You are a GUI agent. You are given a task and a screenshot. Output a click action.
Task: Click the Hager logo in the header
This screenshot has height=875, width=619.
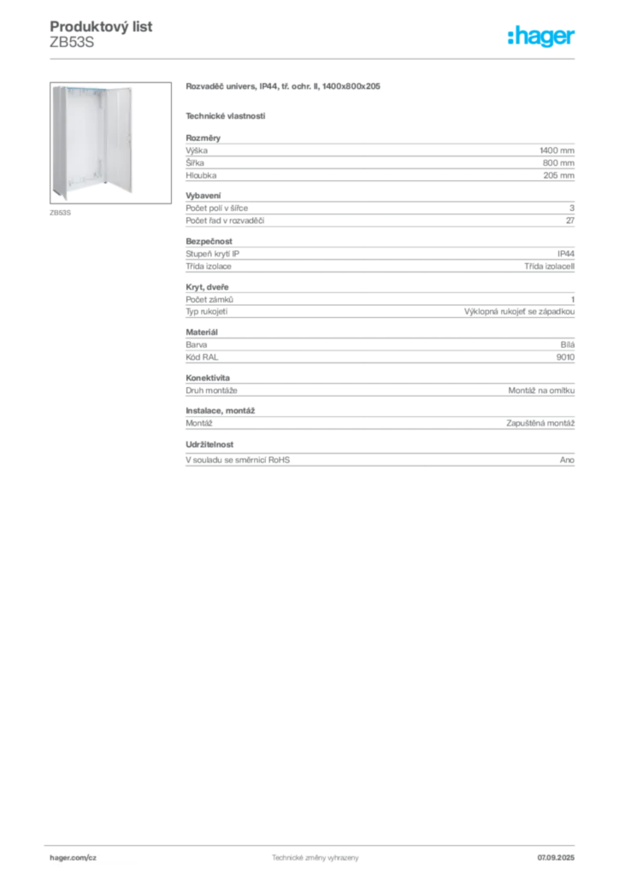pos(541,36)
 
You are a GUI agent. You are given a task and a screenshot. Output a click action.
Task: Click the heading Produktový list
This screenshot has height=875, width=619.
pos(101,26)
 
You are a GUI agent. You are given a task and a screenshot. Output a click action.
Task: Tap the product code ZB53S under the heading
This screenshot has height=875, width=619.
pos(72,43)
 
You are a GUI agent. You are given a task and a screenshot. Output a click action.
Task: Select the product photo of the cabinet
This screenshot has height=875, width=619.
pos(110,143)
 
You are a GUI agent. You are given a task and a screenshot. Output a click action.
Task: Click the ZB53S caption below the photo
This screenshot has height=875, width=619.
pos(61,213)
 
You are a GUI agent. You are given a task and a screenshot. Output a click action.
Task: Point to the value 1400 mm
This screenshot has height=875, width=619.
pos(557,150)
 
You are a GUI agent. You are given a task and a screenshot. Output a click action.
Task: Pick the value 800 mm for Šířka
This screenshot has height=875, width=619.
pos(558,163)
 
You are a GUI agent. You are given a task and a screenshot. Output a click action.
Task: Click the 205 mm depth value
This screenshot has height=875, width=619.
pos(558,175)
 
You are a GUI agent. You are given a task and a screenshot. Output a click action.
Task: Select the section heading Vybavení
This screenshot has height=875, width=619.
pos(203,196)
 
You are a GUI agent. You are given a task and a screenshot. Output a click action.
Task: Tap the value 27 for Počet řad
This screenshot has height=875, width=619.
pos(570,220)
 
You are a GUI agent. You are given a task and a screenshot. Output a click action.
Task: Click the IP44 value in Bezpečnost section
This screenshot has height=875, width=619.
pos(566,253)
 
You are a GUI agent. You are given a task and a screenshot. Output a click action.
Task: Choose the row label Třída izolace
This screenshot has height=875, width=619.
pos(209,267)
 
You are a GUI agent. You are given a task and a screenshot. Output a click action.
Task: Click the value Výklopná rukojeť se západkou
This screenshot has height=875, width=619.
pos(519,311)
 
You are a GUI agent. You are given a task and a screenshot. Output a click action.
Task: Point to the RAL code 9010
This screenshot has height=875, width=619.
pos(565,357)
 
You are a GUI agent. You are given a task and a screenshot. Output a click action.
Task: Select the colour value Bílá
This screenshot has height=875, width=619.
pos(568,345)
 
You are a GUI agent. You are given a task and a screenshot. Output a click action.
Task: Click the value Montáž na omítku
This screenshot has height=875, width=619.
pos(541,391)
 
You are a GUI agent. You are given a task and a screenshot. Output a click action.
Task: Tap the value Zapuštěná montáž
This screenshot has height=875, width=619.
pos(540,423)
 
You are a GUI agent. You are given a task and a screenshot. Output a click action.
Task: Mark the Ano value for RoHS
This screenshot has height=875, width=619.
pos(567,460)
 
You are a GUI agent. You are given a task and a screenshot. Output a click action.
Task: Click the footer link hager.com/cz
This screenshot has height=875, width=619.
pos(74,858)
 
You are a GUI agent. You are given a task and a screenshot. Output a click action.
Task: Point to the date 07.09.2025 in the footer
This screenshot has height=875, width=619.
pos(556,858)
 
